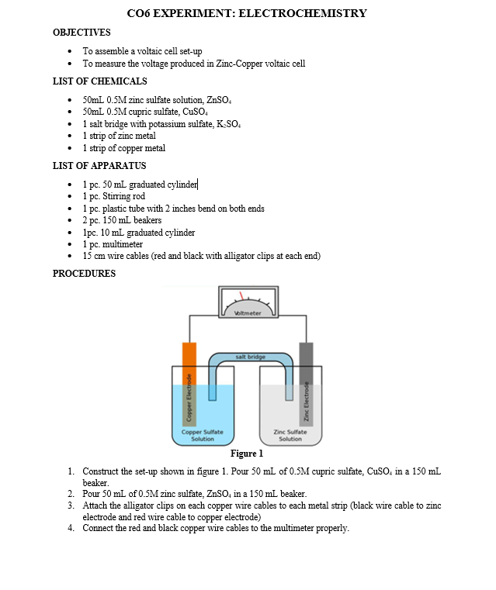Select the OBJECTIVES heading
[x=81, y=33]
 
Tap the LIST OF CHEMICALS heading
[x=99, y=81]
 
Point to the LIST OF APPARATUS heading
[x=99, y=166]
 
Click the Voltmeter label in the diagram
[x=248, y=312]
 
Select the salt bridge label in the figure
[x=249, y=357]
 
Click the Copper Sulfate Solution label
[x=202, y=435]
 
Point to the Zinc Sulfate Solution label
[x=290, y=435]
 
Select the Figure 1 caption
[x=247, y=454]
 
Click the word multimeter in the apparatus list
[x=122, y=244]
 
